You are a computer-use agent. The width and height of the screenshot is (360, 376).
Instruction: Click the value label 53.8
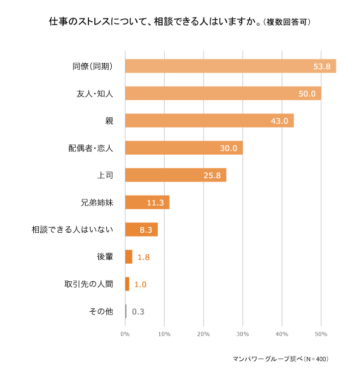tap(322, 66)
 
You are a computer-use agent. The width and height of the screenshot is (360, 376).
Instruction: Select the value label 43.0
tap(279, 121)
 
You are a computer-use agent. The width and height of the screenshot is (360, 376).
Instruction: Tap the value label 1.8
tap(143, 257)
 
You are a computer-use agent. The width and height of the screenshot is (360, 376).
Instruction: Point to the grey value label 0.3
tap(138, 312)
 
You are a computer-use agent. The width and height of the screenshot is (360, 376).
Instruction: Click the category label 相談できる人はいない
tap(73, 229)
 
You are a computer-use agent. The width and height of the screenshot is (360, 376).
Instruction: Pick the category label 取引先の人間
tap(88, 284)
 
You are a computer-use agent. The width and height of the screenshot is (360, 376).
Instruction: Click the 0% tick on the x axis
tap(125, 333)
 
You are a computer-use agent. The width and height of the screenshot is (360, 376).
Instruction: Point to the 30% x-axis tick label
tap(243, 333)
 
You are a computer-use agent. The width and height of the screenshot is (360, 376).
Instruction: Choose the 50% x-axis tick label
tap(321, 333)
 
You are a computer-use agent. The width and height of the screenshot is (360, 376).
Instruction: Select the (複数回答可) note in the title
tap(287, 23)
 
